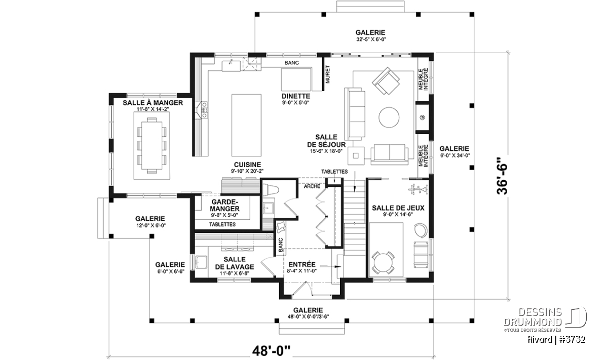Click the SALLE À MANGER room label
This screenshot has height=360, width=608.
point(153,103)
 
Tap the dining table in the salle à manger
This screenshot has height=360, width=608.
point(152,145)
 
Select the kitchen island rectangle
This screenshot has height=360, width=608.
point(246,125)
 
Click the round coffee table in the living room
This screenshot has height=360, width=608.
point(389,117)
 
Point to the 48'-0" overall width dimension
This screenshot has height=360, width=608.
point(271,351)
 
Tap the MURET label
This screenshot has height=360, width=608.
point(328,74)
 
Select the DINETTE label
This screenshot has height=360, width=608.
point(296,96)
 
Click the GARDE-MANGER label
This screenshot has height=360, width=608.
point(224,206)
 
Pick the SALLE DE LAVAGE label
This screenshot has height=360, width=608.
point(235,263)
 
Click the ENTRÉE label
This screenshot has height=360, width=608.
point(302,264)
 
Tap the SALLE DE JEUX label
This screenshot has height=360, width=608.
point(398,208)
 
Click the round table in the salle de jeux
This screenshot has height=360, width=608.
point(383,263)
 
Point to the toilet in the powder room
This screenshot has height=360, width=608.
point(271,190)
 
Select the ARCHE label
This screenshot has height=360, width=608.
point(312,186)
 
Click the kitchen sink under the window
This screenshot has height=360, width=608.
point(231,66)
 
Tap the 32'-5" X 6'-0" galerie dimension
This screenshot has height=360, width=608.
point(371,39)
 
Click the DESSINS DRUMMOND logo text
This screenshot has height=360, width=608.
point(533,317)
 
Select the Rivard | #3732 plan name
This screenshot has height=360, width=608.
point(556,340)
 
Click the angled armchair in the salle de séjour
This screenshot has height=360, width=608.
point(386,81)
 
